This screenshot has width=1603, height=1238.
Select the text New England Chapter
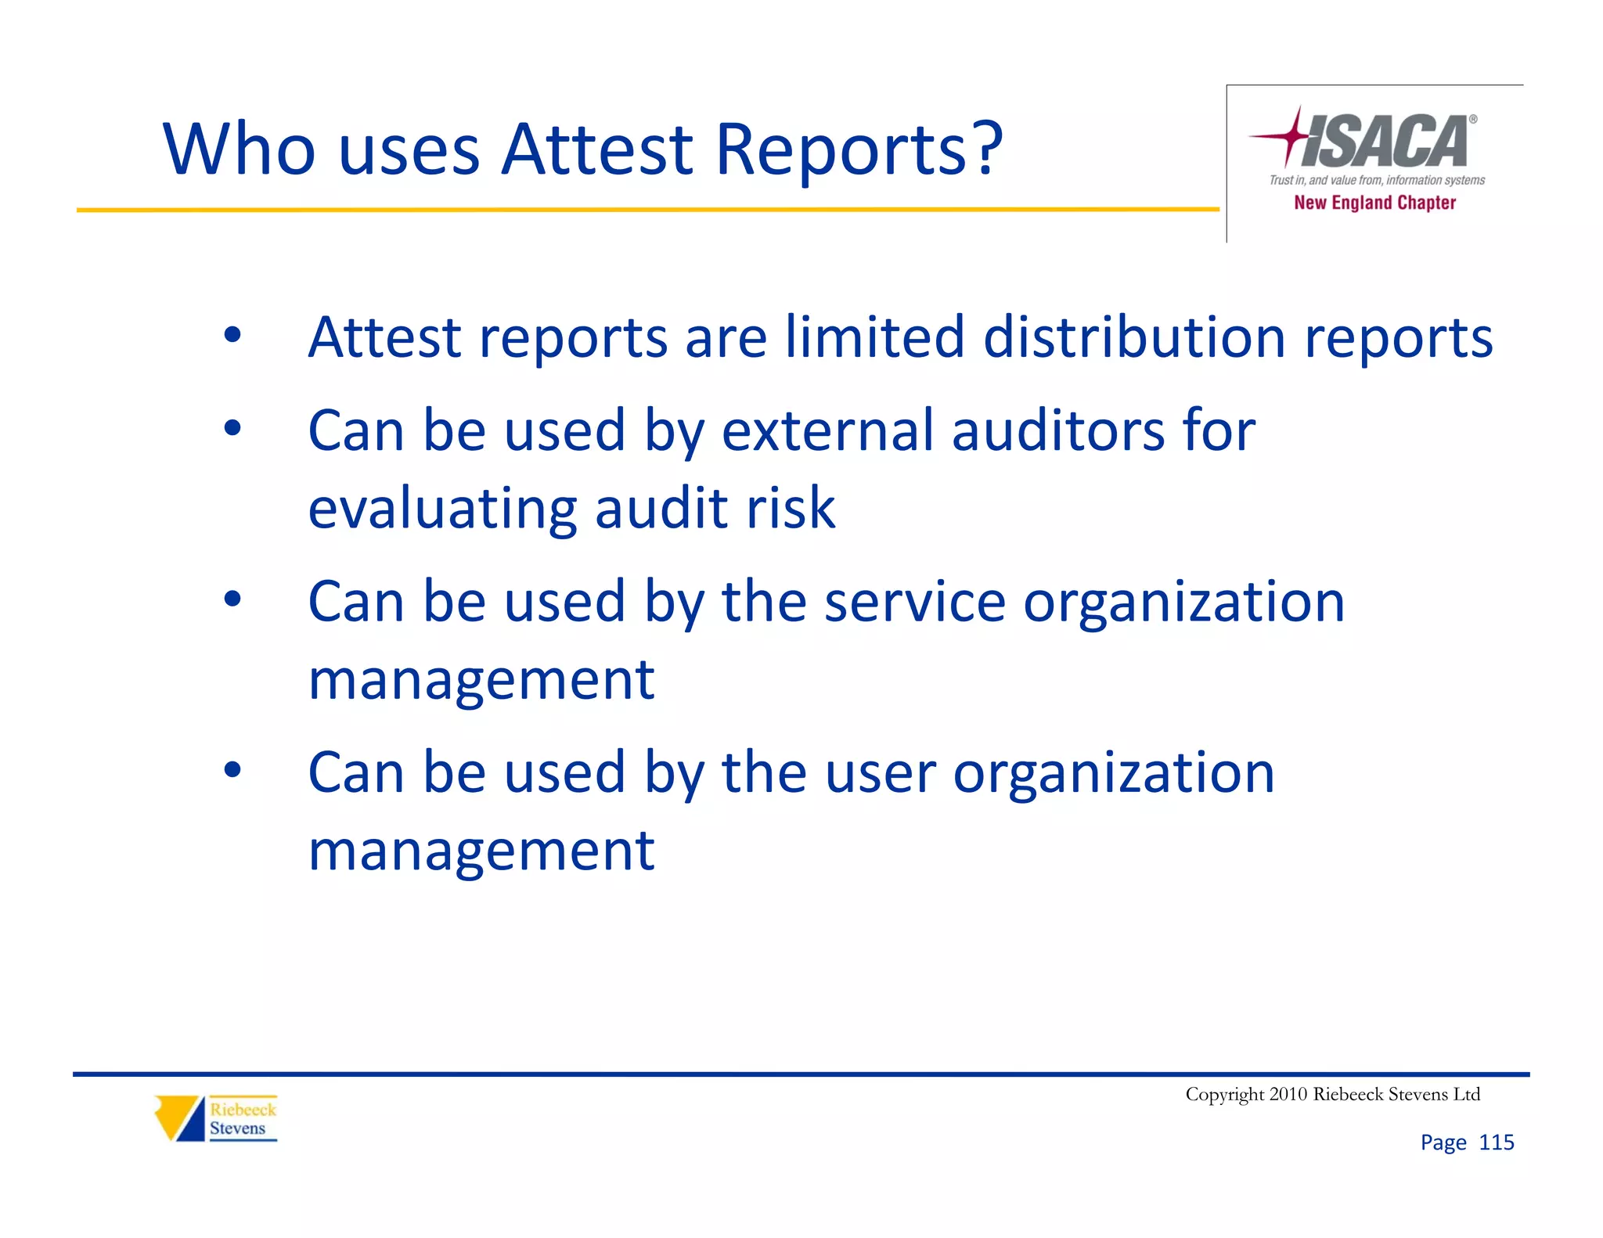point(1374,203)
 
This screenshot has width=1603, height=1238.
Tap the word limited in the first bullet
point(874,337)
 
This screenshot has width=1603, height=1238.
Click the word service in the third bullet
point(914,602)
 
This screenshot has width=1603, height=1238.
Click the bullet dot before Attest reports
point(232,336)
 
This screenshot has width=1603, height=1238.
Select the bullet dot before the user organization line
point(232,770)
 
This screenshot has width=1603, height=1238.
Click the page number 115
point(1496,1143)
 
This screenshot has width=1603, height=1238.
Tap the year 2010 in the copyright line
point(1288,1094)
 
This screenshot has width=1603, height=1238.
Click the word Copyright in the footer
point(1224,1095)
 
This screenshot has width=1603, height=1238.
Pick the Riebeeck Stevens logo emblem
point(179,1117)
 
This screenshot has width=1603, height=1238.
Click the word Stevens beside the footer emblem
point(237,1128)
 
